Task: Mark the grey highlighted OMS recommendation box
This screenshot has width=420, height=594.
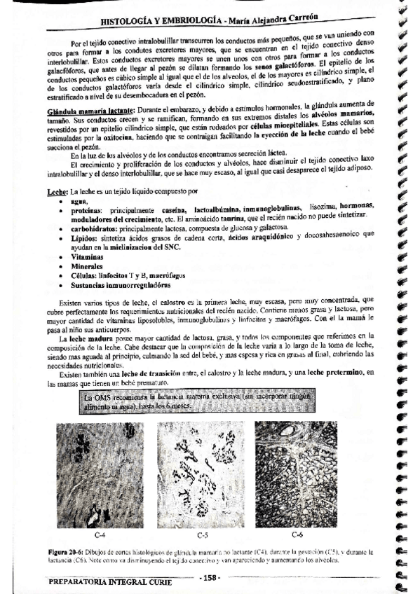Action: pos(175,401)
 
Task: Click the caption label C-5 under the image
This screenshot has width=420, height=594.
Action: pos(203,535)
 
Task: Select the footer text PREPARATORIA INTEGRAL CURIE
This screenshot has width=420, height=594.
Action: pos(115,581)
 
